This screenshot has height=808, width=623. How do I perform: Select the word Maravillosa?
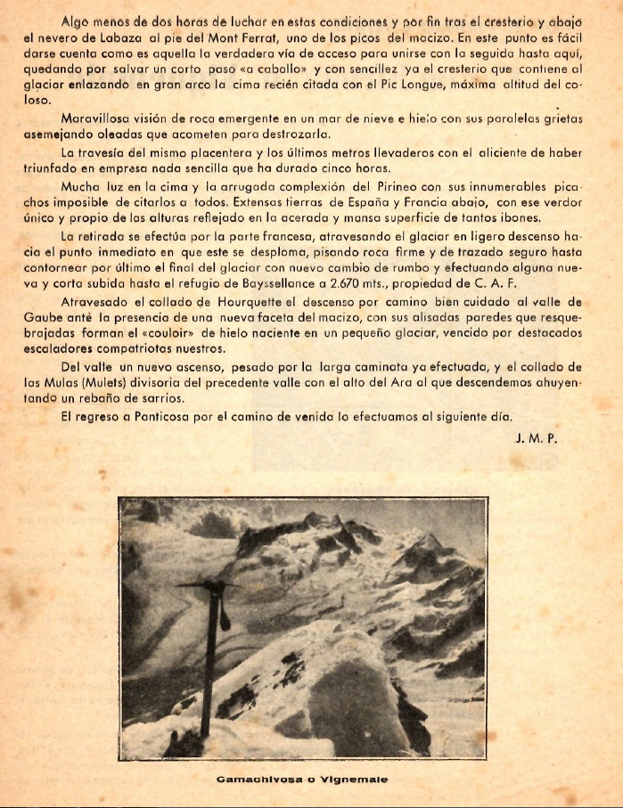point(97,118)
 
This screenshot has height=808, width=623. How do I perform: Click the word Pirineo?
point(366,188)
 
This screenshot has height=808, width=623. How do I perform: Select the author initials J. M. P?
point(535,438)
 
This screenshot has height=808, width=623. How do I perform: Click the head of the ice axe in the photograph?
point(207,585)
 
